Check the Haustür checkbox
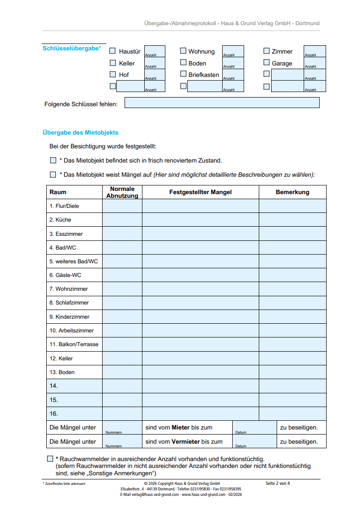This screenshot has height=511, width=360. pos(113,51)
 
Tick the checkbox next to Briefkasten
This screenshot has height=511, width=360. pos(183,74)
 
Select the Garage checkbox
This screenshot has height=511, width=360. pos(267,63)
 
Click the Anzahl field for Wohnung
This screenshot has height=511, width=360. pos(233,51)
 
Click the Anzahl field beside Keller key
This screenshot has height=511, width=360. pos(155,63)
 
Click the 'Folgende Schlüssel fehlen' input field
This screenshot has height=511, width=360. pos(222,103)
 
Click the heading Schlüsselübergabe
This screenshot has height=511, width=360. pos(71,48)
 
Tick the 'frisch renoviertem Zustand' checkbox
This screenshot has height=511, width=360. pos(53,161)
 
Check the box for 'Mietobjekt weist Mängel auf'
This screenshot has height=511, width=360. pos(53,174)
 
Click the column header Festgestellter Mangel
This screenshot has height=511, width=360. pos(200,192)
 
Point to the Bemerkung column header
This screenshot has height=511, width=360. pos(292,192)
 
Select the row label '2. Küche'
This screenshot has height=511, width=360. pos(60,220)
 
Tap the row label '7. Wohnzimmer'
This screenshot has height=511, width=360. pos(69,289)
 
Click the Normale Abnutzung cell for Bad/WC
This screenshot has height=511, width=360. pos(122,247)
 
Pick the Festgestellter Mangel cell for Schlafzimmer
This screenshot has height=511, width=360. pos(200,303)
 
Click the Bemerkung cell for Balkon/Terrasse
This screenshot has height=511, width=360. pos(292,344)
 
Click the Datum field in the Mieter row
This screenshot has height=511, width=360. pos(254,428)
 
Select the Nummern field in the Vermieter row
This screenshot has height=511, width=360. pos(122,441)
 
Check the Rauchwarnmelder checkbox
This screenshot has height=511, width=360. pos(50,459)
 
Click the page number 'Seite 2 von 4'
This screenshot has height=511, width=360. pos(278,484)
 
